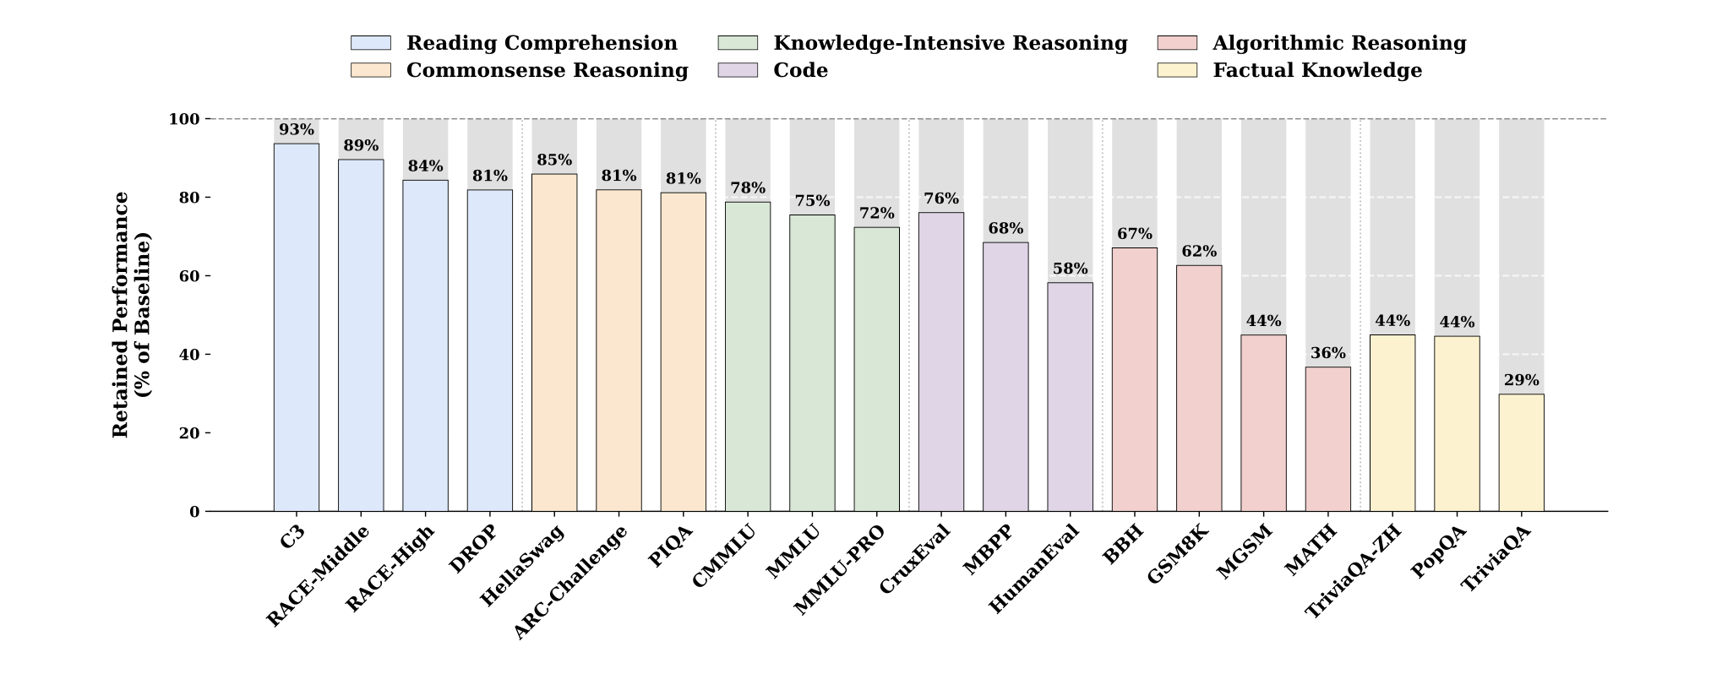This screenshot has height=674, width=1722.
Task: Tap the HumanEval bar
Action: coord(1070,396)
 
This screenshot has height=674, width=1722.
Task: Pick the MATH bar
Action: coord(1327,438)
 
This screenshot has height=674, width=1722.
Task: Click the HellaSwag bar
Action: coord(554,342)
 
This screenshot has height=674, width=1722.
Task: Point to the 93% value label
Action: coord(297,130)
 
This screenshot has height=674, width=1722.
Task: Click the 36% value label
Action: coord(1327,353)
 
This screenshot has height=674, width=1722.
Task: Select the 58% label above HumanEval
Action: coord(1070,269)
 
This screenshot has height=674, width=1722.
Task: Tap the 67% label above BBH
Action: coord(1134,234)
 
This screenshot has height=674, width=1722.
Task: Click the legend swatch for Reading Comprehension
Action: coord(371,43)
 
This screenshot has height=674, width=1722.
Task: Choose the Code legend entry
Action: coord(800,70)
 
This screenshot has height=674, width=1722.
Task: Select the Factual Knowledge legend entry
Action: coord(1316,70)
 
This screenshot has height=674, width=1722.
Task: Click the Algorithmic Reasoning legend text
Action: coord(1338,43)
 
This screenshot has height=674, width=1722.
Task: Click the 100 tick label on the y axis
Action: coord(183,119)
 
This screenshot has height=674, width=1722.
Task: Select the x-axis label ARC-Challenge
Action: coord(571,582)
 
